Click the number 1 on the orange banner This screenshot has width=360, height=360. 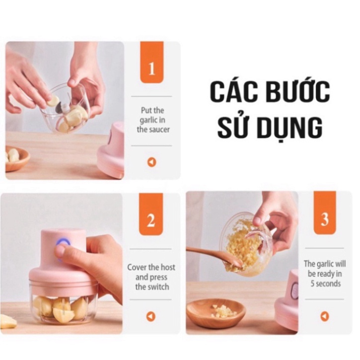[x=152, y=68]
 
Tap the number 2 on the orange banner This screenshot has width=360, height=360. [x=151, y=220]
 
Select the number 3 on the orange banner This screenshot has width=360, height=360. [x=325, y=219]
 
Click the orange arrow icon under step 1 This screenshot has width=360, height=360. [x=151, y=162]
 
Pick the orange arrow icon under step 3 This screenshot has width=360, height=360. [x=325, y=316]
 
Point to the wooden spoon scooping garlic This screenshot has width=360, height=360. [x=214, y=254]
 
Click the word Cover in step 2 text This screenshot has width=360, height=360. [x=137, y=267]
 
